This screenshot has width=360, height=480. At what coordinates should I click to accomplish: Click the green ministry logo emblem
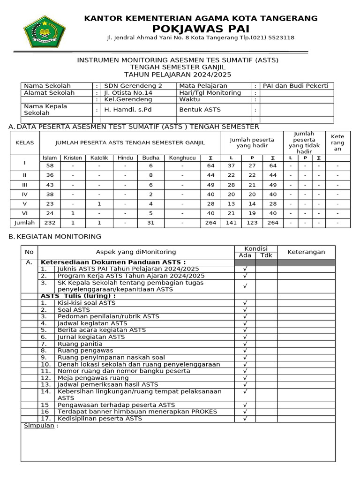[x=45, y=31]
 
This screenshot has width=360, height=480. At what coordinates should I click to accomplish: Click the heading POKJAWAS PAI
[x=201, y=29]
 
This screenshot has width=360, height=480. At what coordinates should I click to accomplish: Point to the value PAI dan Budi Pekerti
[x=295, y=86]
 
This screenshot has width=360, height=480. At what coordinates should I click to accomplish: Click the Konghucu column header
[x=182, y=158]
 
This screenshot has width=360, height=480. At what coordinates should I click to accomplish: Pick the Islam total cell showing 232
[x=50, y=223]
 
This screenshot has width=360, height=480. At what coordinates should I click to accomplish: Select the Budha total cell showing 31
[x=151, y=223]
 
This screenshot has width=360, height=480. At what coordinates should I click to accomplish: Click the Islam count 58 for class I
[x=50, y=166]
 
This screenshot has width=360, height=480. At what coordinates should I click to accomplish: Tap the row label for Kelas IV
[x=25, y=194]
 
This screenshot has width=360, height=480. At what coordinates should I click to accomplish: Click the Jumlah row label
[x=25, y=223]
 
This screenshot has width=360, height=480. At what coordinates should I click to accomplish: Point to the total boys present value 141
[x=231, y=223]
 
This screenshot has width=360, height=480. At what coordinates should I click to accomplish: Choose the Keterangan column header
[x=306, y=252]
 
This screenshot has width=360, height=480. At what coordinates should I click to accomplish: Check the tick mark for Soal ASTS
[x=245, y=310]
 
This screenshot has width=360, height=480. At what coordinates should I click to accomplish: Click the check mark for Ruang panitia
[x=245, y=344]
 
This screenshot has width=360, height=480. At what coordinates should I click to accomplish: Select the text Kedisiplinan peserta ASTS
[x=99, y=418]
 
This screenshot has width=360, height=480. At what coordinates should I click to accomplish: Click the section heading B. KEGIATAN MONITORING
[x=55, y=236]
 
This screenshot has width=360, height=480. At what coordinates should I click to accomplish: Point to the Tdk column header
[x=266, y=255]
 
